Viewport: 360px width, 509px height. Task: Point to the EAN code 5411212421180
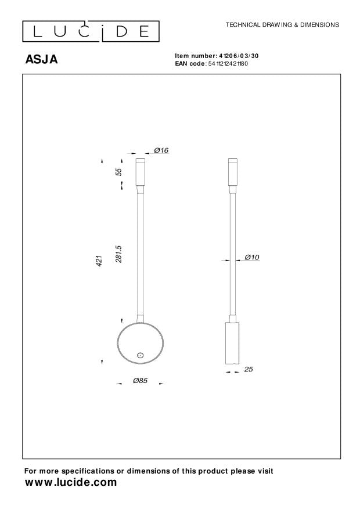[228, 63]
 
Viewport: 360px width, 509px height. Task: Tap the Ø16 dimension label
[161, 150]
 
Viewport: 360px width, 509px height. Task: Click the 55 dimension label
[118, 172]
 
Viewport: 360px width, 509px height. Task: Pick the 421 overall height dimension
[99, 261]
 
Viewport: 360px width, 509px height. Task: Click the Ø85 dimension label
[140, 381]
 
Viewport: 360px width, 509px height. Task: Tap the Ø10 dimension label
[251, 257]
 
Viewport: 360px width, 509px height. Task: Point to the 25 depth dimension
[249, 369]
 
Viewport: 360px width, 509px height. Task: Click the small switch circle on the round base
[140, 355]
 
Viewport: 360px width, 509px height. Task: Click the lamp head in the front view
[140, 172]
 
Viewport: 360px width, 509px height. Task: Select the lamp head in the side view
[232, 172]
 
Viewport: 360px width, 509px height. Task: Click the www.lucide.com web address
[70, 483]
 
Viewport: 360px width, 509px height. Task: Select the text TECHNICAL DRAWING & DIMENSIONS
[282, 25]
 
